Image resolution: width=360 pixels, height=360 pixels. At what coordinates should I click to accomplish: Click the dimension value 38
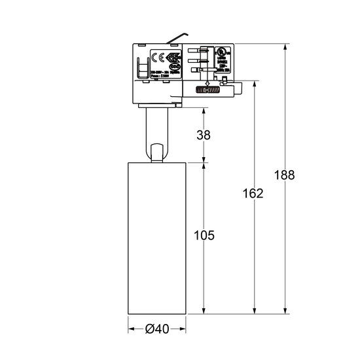[204, 135]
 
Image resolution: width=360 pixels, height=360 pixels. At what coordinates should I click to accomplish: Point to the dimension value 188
[285, 175]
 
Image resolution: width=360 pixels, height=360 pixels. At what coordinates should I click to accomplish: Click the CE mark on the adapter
[158, 56]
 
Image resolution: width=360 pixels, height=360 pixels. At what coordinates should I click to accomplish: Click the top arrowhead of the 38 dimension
[204, 109]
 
